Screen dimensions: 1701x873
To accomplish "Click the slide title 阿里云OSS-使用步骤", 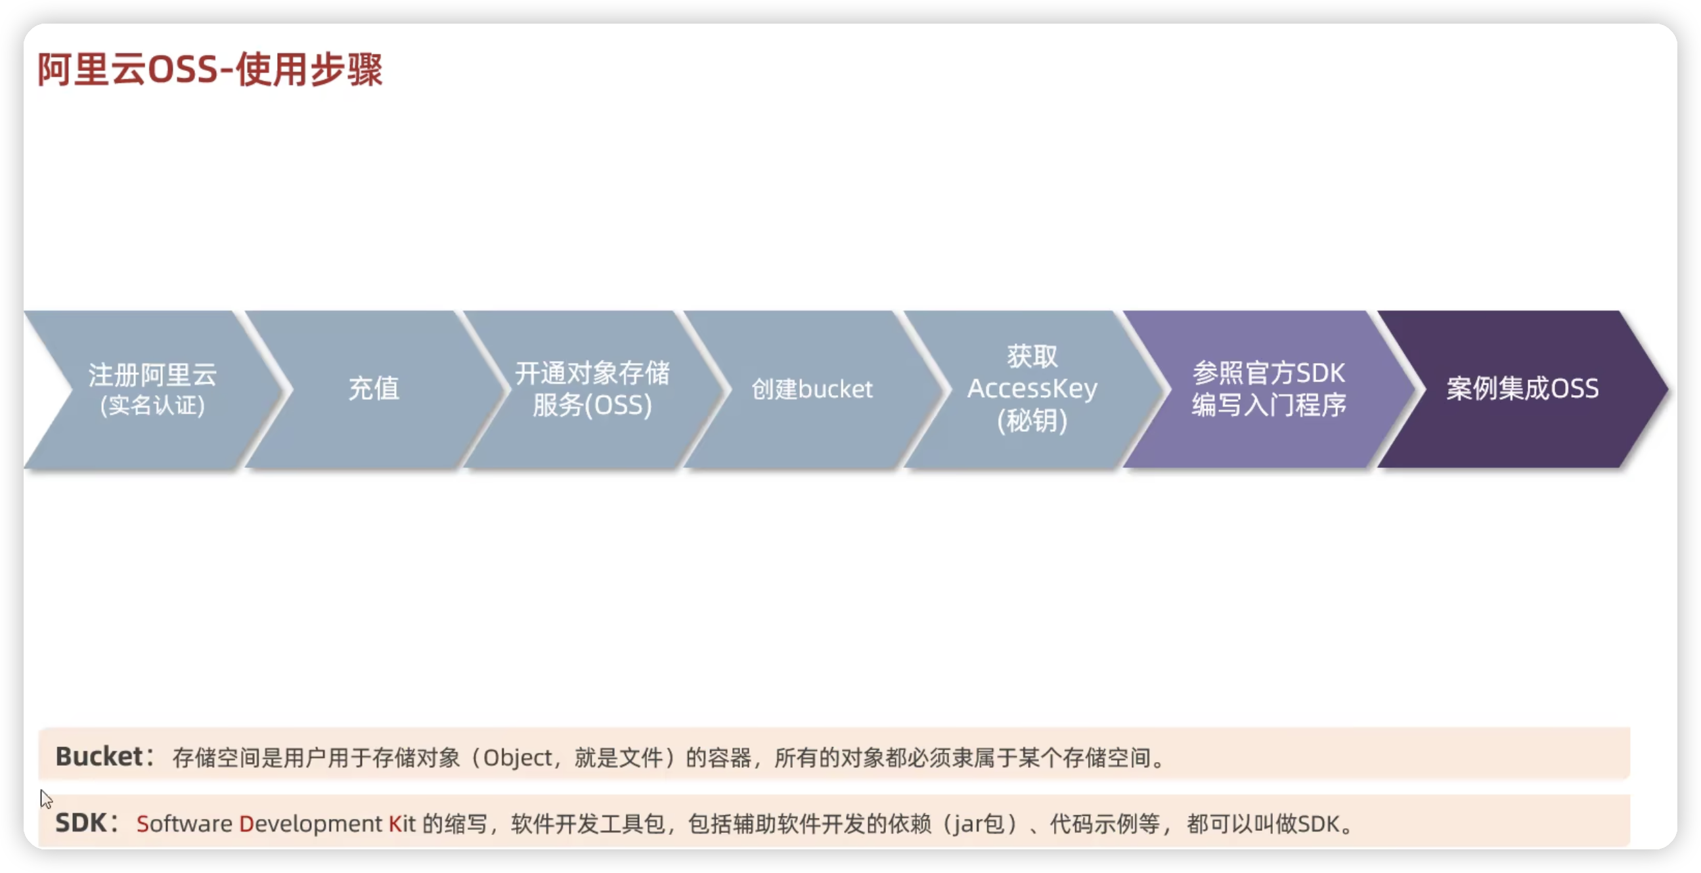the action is coord(210,70).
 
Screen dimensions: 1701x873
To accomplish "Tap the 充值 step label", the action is coord(374,389).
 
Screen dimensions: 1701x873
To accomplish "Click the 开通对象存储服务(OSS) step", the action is coord(592,389).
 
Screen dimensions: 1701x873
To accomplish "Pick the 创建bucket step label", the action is coord(812,389).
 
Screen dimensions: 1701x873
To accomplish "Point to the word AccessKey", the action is coord(1032,389).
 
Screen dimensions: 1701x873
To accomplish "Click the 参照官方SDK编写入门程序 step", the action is coord(1268,389).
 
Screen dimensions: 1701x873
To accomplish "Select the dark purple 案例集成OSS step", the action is coord(1522,389).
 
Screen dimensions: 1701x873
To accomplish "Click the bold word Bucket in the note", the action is coord(99,757).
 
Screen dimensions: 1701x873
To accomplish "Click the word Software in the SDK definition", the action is coord(185,824).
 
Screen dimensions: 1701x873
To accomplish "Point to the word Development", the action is coord(311,824).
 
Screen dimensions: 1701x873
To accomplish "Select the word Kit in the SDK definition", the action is coord(402,824).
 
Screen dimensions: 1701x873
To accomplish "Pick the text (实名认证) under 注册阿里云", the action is coord(152,405).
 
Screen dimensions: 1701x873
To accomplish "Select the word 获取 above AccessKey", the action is coord(1032,357).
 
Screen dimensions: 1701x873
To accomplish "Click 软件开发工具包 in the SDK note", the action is coord(588,824).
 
